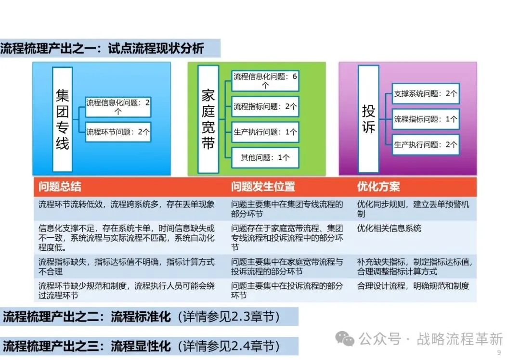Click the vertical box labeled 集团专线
pos(63,119)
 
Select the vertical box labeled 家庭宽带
pos(208,119)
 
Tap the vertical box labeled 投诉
pos(368,119)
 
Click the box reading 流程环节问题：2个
pos(118,132)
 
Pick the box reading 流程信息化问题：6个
pos(265,81)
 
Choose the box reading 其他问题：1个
pos(265,157)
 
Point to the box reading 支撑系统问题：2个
pos(426,93)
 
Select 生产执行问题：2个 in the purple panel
pos(426,144)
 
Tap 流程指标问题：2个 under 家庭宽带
pos(265,106)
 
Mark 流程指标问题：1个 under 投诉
pos(426,119)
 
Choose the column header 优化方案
pos(378,187)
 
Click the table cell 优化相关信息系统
pos(389,228)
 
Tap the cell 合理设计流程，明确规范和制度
pos(413,286)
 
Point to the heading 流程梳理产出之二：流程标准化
pos(87,317)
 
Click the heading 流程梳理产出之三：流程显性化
pos(87,346)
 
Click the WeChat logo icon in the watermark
pos(345,339)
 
